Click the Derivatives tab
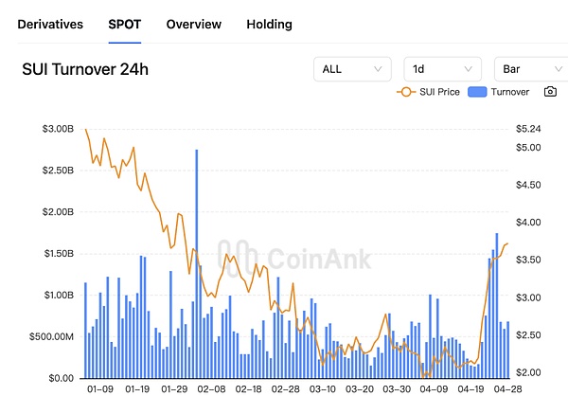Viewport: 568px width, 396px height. [51, 24]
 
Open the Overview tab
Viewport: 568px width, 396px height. [193, 24]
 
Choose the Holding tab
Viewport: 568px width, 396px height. [269, 24]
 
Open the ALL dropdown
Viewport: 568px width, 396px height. [351, 69]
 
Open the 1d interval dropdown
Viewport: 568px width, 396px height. [441, 69]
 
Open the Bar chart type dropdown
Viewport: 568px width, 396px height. [530, 69]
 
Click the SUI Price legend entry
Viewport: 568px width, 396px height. [431, 92]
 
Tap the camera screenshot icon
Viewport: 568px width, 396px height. [550, 92]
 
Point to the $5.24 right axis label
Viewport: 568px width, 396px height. [528, 129]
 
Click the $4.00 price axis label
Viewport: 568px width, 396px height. [528, 223]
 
